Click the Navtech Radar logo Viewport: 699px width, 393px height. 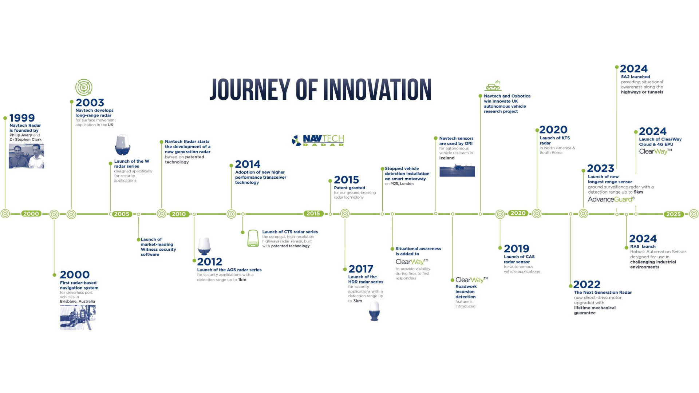tap(318, 140)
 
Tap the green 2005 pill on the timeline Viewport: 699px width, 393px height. tap(122, 214)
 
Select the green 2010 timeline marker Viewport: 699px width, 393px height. tap(179, 214)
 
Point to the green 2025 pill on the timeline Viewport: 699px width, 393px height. tap(673, 214)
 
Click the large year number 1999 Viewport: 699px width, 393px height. tap(22, 118)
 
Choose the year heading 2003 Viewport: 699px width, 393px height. tap(90, 103)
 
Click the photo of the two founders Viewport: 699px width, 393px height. tap(26, 156)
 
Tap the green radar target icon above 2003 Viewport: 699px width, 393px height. tap(84, 87)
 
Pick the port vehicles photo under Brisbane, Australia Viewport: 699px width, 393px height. tap(78, 317)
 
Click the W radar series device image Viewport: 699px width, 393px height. tap(122, 145)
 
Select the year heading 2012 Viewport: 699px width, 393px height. tap(209, 262)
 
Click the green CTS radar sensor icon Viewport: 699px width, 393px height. tap(253, 238)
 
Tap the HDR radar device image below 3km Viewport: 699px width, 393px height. tap(374, 311)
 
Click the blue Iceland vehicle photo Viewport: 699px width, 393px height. tap(457, 171)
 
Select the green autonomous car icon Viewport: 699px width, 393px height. tap(493, 86)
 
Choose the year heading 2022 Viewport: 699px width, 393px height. tap(587, 284)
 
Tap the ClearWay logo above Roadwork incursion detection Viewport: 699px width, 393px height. tap(472, 280)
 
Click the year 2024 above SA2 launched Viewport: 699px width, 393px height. tap(634, 69)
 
